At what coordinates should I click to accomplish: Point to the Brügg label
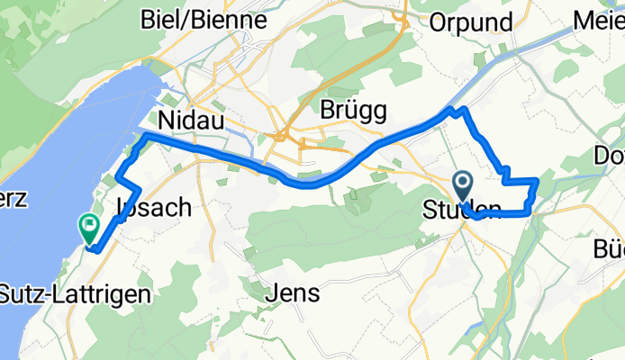[x=353, y=110]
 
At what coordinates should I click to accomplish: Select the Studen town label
[x=462, y=211]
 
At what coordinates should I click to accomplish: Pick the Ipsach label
[x=154, y=207]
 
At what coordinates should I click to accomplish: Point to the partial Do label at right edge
[x=610, y=155]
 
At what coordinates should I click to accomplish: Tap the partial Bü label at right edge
[x=609, y=247]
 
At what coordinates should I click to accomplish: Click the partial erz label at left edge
[x=14, y=199]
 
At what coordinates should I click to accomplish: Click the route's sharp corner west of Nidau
[x=145, y=135]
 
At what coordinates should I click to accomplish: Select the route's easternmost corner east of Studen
[x=538, y=181]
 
